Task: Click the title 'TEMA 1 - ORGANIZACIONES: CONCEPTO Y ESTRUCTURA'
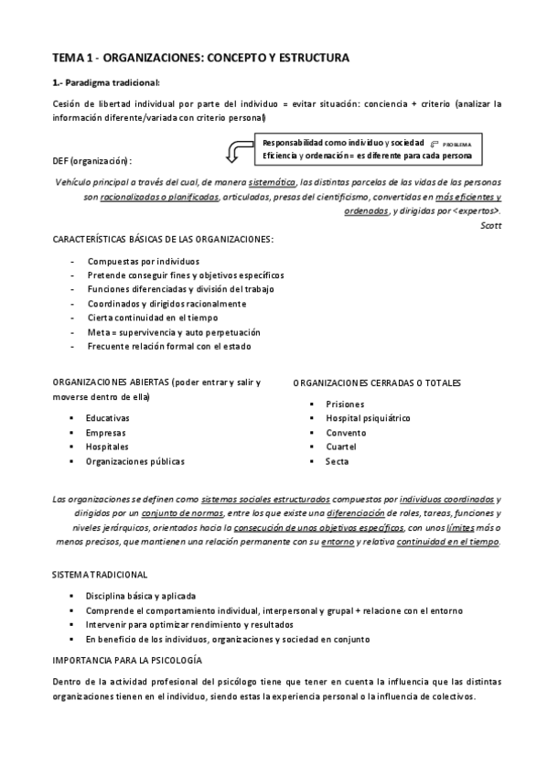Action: (x=200, y=58)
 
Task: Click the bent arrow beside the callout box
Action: (x=241, y=145)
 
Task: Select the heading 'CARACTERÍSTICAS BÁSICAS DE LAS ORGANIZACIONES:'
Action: (x=163, y=240)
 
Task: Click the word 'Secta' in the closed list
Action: (x=337, y=461)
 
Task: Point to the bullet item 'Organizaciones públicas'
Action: (x=134, y=461)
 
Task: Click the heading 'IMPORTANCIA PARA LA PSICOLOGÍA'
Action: (x=127, y=660)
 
